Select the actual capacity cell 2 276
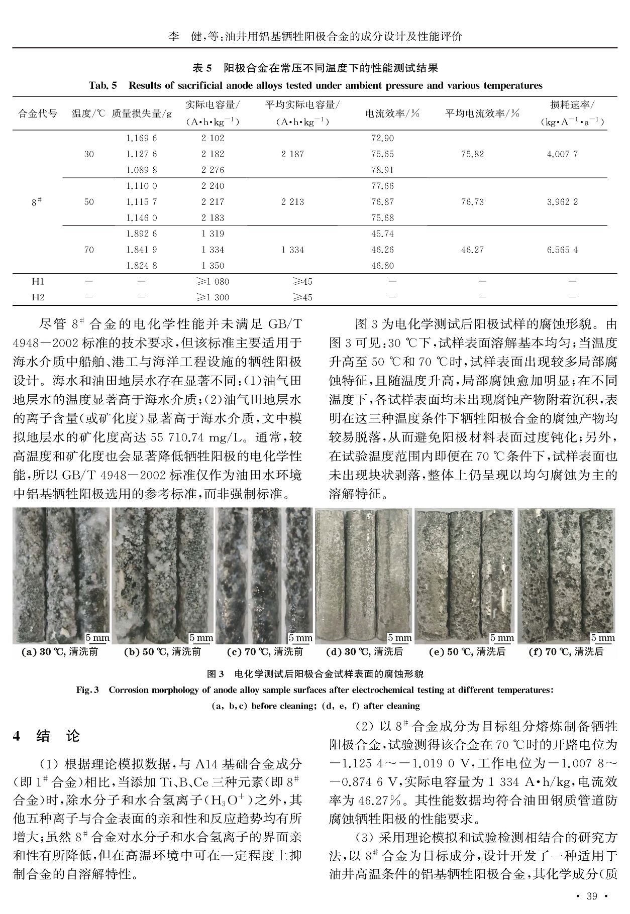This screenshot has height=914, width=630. click(213, 170)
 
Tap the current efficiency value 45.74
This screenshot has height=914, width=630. click(382, 234)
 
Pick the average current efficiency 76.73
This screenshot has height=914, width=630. click(472, 202)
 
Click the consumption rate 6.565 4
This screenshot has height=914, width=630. click(562, 250)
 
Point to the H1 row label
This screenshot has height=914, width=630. click(38, 281)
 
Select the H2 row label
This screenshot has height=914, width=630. click(38, 297)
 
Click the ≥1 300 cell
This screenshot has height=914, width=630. click(213, 297)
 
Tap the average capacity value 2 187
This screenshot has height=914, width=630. click(292, 154)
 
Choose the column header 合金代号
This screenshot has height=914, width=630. click(38, 113)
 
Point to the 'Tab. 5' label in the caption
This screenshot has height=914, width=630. click(102, 85)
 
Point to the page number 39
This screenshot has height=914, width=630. click(592, 897)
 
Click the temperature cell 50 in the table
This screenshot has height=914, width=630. click(89, 202)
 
